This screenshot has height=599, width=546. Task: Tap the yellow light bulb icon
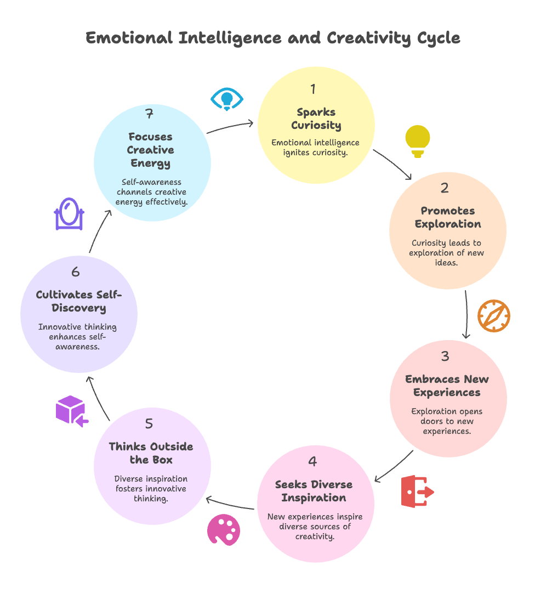[x=418, y=141]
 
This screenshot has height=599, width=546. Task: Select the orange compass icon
[x=493, y=315]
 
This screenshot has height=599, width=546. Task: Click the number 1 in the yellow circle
[x=313, y=89]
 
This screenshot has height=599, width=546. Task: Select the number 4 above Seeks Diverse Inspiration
[x=312, y=461]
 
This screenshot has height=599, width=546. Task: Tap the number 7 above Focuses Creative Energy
[x=149, y=114]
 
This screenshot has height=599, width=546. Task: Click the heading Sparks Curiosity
[x=316, y=118]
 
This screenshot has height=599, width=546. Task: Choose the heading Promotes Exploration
[x=448, y=217]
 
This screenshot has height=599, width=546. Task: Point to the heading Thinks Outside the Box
[x=151, y=453]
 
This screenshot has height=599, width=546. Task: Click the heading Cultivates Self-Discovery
[x=79, y=301]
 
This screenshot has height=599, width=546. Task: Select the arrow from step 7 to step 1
[x=230, y=127]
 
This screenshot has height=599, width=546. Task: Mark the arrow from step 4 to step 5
[x=230, y=504]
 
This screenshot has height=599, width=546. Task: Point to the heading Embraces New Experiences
[x=447, y=386]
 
